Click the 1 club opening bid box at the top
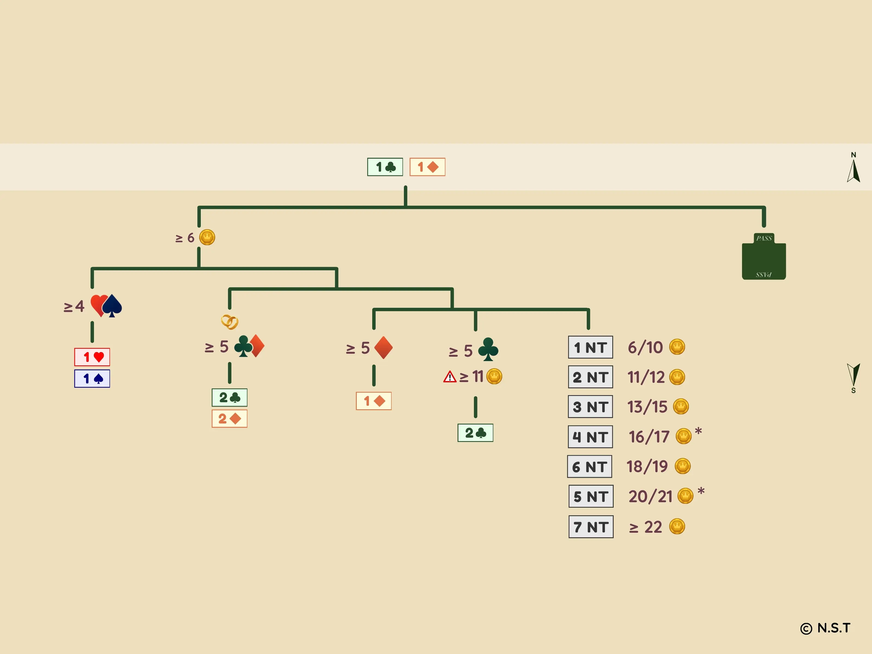385,167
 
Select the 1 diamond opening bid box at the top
427,167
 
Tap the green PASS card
764,257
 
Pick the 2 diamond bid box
229,419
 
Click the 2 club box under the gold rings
229,397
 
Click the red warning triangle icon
449,377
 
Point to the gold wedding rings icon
229,322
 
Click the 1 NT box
590,347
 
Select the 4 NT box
590,437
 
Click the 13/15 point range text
647,407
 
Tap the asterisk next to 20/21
701,492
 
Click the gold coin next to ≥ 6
207,237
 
